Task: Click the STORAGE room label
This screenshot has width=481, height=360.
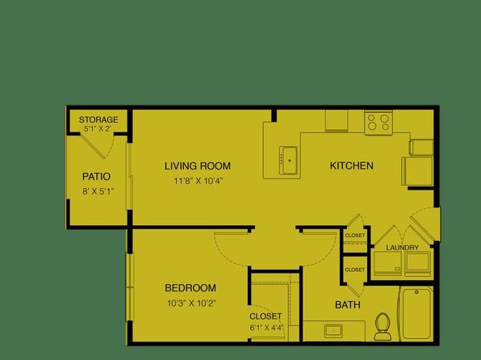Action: [98, 119]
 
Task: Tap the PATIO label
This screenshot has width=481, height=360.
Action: [96, 177]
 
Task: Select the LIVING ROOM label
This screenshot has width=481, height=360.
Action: [198, 166]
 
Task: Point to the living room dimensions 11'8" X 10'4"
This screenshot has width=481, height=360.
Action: [199, 181]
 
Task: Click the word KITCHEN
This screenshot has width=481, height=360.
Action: [352, 165]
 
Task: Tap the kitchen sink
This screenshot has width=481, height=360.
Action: [288, 161]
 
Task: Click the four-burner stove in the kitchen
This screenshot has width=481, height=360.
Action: [379, 122]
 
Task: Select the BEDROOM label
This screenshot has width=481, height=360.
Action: [190, 288]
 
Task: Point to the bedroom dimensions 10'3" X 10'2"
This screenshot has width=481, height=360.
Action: [192, 303]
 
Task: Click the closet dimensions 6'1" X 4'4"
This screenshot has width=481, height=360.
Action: [266, 328]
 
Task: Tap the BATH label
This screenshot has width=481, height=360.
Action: [348, 305]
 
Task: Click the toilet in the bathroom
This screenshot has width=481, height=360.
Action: [382, 327]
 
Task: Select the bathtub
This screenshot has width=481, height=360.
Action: [416, 313]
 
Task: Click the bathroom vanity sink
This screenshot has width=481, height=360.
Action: [333, 331]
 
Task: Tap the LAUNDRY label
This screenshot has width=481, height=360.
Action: [402, 248]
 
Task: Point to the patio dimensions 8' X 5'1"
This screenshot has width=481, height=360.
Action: [98, 192]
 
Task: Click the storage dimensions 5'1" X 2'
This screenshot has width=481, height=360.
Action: [97, 129]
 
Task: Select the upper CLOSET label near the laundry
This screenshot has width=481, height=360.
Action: [355, 236]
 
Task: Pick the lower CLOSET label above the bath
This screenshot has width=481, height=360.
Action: [355, 270]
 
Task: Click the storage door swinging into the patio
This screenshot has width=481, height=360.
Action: [93, 146]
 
